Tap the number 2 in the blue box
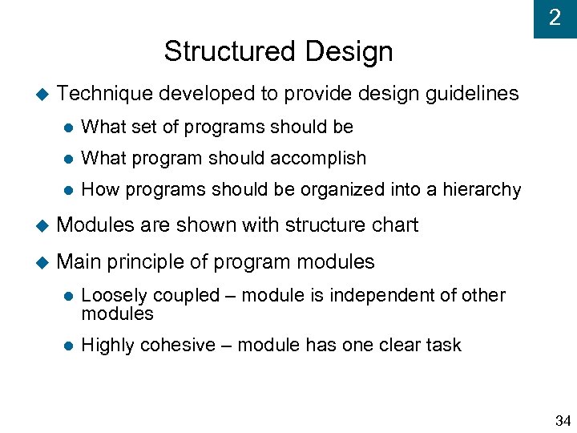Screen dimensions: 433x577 555,18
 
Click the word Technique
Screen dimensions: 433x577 105,94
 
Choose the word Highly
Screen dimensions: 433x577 108,346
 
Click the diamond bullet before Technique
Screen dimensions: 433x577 42,95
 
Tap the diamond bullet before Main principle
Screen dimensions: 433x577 42,263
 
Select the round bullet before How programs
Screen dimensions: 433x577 68,191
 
